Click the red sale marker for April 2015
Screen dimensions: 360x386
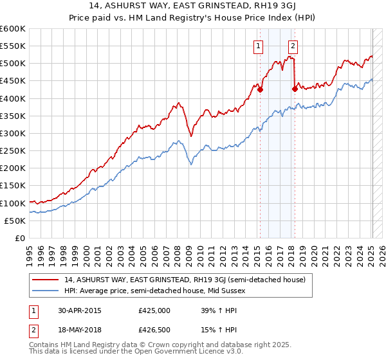click(260, 90)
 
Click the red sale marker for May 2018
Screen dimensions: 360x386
click(295, 89)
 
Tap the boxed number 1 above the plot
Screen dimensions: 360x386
click(258, 46)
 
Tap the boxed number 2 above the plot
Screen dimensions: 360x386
click(293, 46)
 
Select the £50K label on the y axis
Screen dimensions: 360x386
click(15, 221)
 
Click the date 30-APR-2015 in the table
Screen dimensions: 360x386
click(79, 310)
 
